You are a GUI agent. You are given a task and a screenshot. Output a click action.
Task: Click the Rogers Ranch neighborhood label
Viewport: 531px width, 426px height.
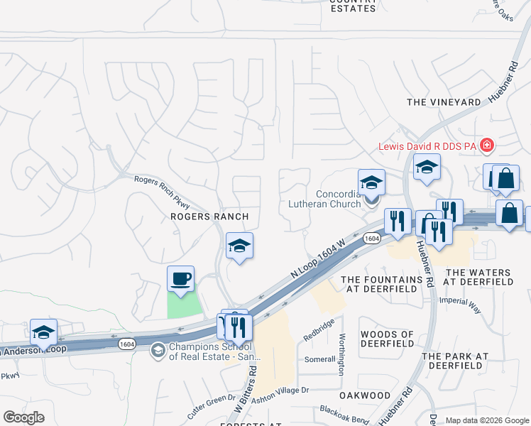209,217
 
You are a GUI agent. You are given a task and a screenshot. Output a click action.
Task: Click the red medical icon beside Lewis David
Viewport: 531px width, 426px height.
487,146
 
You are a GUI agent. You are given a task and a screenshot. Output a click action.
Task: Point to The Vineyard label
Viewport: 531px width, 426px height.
444,102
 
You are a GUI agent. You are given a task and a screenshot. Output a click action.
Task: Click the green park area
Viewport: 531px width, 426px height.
184,305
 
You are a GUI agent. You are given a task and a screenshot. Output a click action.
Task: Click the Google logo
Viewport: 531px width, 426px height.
23,417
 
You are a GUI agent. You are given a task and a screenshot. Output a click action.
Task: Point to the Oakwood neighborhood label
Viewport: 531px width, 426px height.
365,395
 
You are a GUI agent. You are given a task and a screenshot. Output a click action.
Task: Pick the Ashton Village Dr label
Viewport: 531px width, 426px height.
281,390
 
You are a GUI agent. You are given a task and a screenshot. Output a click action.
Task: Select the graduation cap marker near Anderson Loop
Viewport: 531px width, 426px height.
43,332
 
